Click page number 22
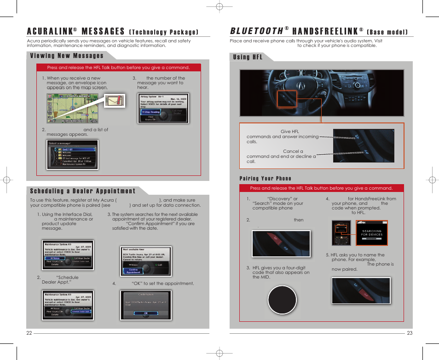(29, 333)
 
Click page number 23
(410, 333)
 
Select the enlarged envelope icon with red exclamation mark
(115, 100)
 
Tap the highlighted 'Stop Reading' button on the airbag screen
(151, 112)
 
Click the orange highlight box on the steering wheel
(287, 99)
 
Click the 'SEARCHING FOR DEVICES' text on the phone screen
(371, 233)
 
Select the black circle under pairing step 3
(282, 300)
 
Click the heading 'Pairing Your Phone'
(265, 179)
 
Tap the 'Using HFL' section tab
(248, 57)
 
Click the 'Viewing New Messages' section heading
(67, 56)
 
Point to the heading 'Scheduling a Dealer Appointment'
(83, 191)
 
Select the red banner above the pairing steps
(321, 188)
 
